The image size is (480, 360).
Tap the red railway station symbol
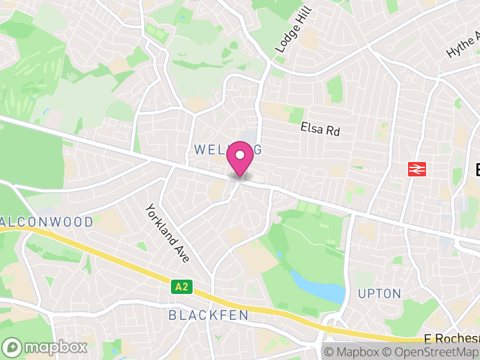[x=416, y=169]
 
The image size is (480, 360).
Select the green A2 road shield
[x=182, y=287]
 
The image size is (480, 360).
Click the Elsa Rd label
[x=320, y=128]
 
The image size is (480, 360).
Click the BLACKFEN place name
[x=208, y=315]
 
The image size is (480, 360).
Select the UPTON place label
[x=379, y=293]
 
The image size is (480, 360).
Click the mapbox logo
[x=45, y=347]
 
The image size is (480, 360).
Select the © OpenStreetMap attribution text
[x=433, y=352]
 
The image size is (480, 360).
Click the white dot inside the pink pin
[x=240, y=155]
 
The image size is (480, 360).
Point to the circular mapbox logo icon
[x=13, y=347]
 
